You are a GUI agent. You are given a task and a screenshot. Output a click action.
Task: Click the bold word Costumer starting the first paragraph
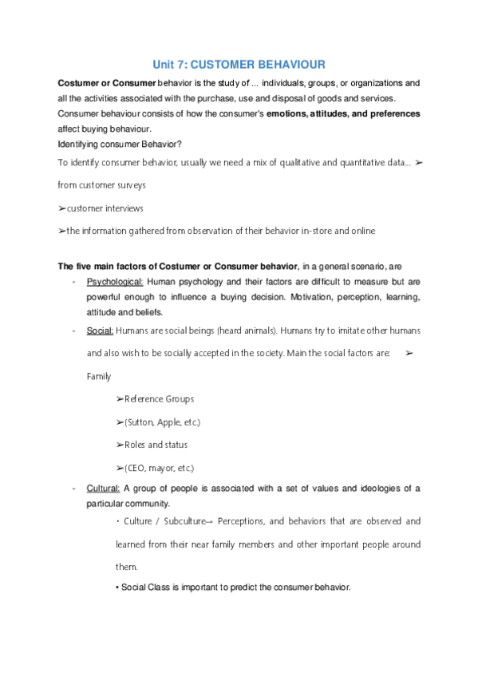[x=78, y=83]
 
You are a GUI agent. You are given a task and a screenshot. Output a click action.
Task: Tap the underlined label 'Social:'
[x=100, y=331]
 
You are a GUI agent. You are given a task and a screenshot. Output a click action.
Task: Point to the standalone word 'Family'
[x=99, y=375]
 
